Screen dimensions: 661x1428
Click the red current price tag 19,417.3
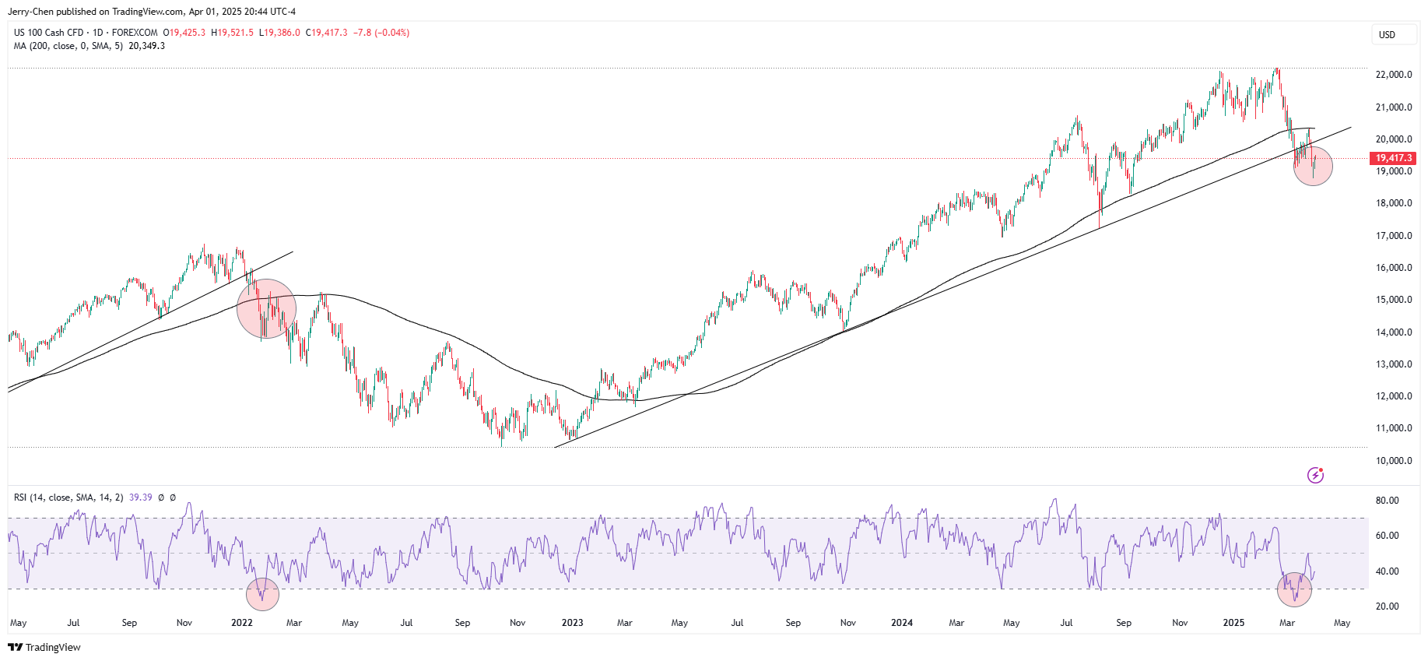click(x=1393, y=158)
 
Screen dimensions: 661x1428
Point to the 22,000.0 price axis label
click(x=1394, y=75)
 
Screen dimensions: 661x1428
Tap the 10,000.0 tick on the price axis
click(x=1394, y=460)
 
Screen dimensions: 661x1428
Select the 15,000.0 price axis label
click(x=1394, y=300)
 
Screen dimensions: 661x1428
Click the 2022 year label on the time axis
click(x=242, y=623)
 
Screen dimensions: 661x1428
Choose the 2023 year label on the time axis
click(x=572, y=623)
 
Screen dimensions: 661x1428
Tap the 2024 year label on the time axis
click(x=902, y=623)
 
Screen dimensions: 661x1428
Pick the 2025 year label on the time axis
click(x=1233, y=623)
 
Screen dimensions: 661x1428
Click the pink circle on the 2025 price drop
click(x=1313, y=166)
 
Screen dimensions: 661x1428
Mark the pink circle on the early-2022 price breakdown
click(x=266, y=308)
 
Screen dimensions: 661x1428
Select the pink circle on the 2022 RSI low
click(x=262, y=594)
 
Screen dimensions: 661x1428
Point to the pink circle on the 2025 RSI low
click(x=1294, y=589)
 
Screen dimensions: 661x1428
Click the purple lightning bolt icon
click(x=1315, y=475)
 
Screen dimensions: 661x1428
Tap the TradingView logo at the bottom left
click(x=44, y=648)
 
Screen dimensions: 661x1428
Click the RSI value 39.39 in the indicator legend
click(x=141, y=498)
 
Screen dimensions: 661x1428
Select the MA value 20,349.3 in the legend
click(x=146, y=46)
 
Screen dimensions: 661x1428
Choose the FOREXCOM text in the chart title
click(x=135, y=33)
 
